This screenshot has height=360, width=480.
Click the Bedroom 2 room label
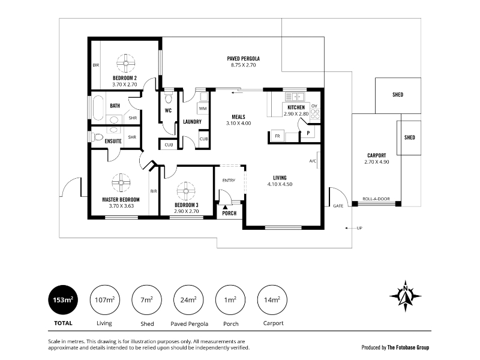pyautogui.click(x=125, y=78)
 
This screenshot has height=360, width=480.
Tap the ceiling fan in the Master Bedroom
pyautogui.click(x=121, y=183)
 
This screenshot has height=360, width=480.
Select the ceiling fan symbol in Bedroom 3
pyautogui.click(x=186, y=191)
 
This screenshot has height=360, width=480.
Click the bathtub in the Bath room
pyautogui.click(x=98, y=108)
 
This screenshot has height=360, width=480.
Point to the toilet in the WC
pyautogui.click(x=169, y=98)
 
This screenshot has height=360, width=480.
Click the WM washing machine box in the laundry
pyautogui.click(x=203, y=109)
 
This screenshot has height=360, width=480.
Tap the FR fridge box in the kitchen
pyautogui.click(x=277, y=136)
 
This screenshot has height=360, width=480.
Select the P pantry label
pyautogui.click(x=308, y=133)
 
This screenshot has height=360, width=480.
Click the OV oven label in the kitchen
pyautogui.click(x=314, y=106)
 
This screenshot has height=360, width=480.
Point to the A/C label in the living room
pyautogui.click(x=313, y=161)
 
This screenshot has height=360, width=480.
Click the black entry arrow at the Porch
pyautogui.click(x=226, y=208)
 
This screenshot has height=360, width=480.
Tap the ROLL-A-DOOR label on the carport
pyautogui.click(x=376, y=199)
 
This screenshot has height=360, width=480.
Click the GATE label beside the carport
pyautogui.click(x=338, y=206)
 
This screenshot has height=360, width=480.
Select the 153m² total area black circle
pyautogui.click(x=63, y=300)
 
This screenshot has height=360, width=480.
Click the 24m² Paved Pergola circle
pyautogui.click(x=188, y=300)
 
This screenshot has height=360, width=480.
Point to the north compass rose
pyautogui.click(x=406, y=296)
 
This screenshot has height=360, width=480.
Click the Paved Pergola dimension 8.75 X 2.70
pyautogui.click(x=244, y=65)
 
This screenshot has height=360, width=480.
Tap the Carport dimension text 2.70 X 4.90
pyautogui.click(x=377, y=162)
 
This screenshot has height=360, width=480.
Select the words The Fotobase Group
pyautogui.click(x=408, y=347)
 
